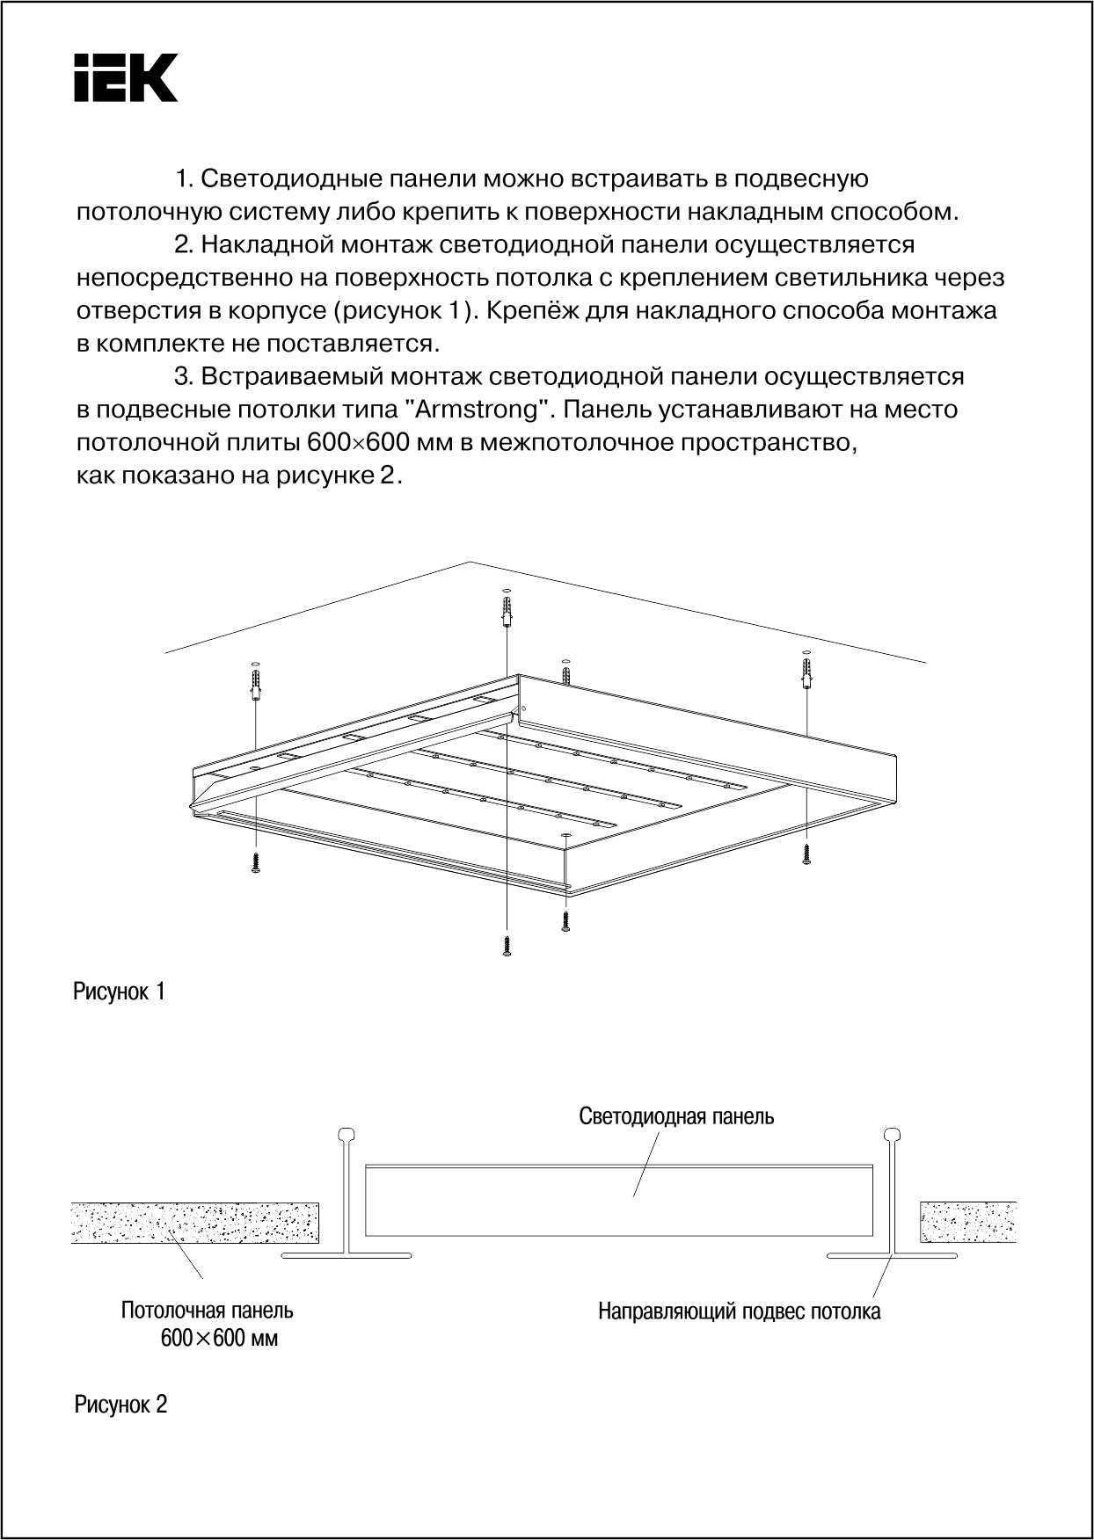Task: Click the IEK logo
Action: tap(126, 77)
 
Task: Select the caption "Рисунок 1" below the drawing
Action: tap(119, 992)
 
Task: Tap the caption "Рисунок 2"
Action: tap(120, 1405)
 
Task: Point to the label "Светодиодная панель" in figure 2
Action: tap(676, 1116)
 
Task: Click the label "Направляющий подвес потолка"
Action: tap(739, 1312)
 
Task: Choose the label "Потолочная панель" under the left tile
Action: tap(208, 1311)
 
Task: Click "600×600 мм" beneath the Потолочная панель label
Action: tap(219, 1340)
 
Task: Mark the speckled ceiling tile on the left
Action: tap(194, 1222)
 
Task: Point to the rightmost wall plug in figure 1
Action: tap(806, 673)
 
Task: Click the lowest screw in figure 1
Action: tap(506, 947)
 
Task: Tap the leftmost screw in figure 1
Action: tap(255, 861)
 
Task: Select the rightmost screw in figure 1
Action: tap(806, 854)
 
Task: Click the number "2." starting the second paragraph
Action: tap(185, 245)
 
